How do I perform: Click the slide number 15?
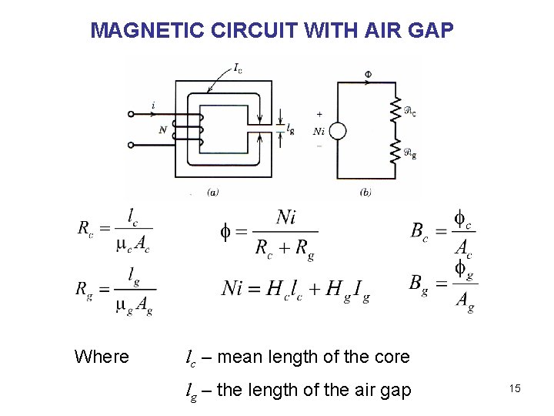pos(515,389)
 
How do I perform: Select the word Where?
pos(102,357)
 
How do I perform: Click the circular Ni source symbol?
pos(337,132)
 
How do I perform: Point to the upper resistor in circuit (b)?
pos(397,109)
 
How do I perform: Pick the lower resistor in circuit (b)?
pos(397,150)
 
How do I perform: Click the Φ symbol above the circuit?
pos(368,75)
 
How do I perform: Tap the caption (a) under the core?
pos(213,192)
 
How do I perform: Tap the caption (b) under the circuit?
pos(365,192)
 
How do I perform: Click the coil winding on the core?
pos(198,129)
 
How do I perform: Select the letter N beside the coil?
pos(163,130)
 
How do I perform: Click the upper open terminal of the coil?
pos(131,114)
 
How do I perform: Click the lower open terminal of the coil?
pos(131,143)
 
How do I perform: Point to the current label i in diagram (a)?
pos(153,106)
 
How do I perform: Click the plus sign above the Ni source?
pos(319,114)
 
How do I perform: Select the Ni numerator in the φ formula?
pos(285,217)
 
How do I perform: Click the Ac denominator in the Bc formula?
pos(463,248)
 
